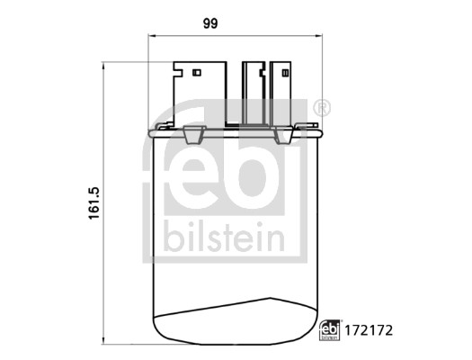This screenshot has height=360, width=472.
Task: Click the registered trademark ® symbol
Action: coord(323,108)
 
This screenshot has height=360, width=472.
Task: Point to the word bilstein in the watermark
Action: coord(223,239)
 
